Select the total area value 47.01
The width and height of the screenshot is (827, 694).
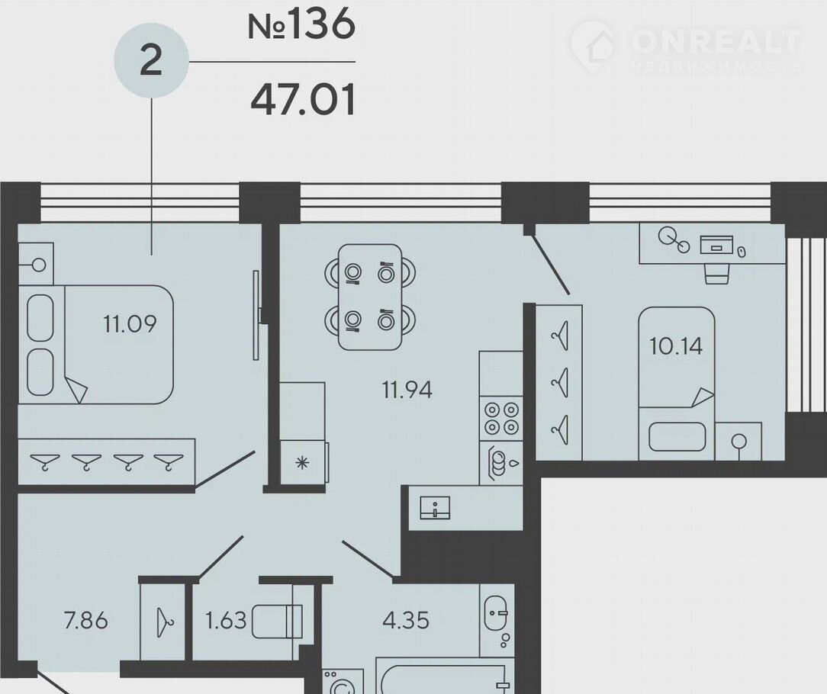click(304, 100)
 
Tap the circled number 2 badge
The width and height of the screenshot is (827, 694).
click(151, 61)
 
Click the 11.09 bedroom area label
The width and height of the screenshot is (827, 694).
click(130, 323)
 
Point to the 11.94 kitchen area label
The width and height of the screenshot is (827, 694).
click(407, 390)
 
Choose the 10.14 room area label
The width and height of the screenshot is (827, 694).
click(676, 346)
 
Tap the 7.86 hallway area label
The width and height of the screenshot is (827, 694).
click(86, 621)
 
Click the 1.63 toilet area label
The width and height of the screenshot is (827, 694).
click(226, 621)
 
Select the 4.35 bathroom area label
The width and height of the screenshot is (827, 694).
click(406, 621)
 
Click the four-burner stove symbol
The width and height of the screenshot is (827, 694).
click(501, 418)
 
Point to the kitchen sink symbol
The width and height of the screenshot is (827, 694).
click(435, 508)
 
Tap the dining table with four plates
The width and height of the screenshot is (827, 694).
click(370, 297)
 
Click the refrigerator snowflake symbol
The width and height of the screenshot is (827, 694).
click(302, 463)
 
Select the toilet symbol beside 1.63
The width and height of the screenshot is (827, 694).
click(278, 622)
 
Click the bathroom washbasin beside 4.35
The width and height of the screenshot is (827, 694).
click(497, 612)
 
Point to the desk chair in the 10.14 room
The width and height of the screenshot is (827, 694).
click(717, 273)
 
